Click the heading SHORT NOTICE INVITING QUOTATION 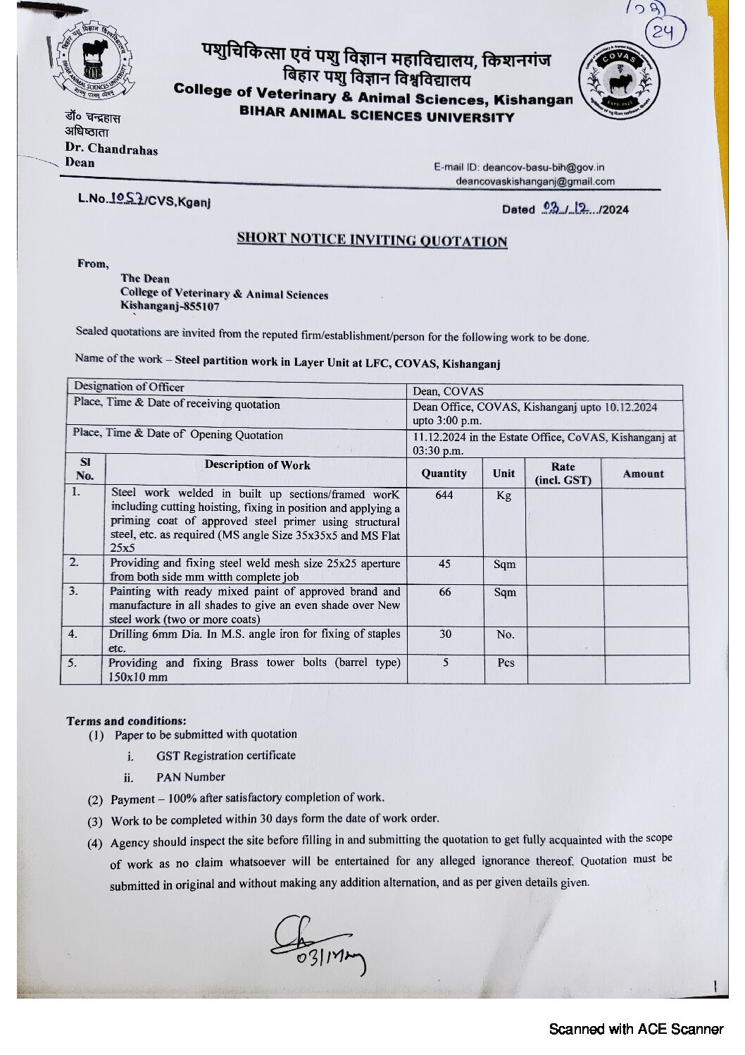372,240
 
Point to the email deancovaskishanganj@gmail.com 535,181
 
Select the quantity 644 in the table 444,495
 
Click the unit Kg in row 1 503,495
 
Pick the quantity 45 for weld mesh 444,564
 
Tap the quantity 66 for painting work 445,592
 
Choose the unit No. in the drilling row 505,634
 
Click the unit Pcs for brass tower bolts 506,662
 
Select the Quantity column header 444,474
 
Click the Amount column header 644,474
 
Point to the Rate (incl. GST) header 563,474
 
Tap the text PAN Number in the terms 191,777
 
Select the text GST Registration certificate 226,755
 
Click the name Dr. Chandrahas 111,149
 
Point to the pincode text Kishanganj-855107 170,307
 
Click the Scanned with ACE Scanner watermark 636,1029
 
